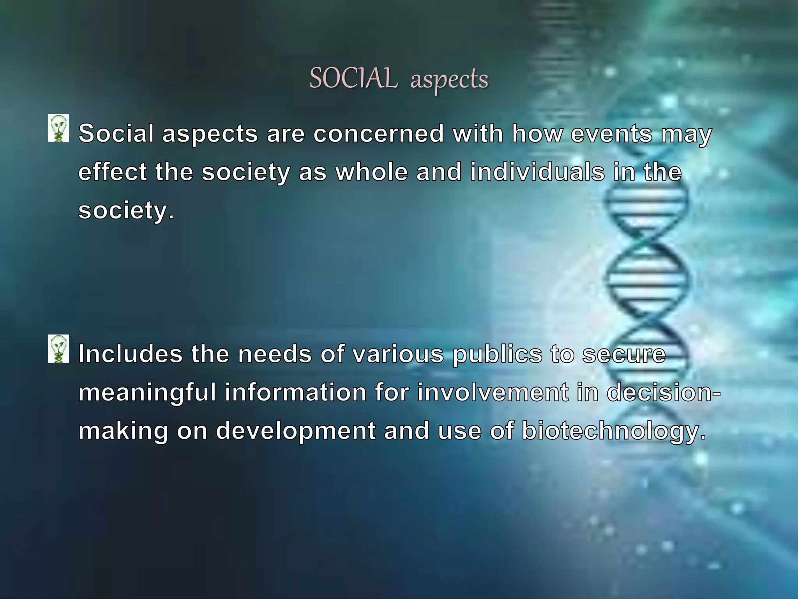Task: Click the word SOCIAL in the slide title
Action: click(353, 78)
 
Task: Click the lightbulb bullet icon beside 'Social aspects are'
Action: click(58, 128)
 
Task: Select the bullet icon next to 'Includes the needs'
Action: click(58, 349)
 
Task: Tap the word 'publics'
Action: click(497, 355)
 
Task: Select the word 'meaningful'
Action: click(147, 393)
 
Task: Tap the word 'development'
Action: click(296, 432)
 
